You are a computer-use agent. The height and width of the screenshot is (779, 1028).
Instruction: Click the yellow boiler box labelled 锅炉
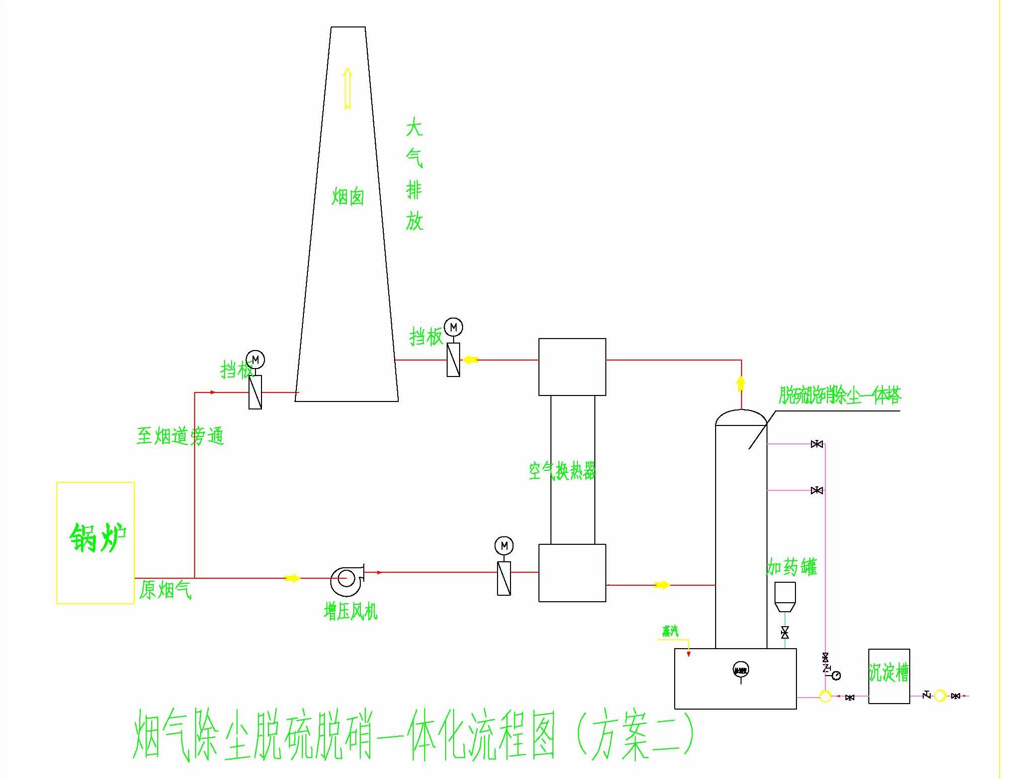pyautogui.click(x=95, y=543)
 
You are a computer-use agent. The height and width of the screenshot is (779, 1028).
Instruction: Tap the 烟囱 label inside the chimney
pyautogui.click(x=348, y=197)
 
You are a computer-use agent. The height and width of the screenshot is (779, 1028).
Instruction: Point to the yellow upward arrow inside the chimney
pyautogui.click(x=347, y=89)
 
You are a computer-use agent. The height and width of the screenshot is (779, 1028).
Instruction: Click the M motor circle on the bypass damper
pyautogui.click(x=256, y=360)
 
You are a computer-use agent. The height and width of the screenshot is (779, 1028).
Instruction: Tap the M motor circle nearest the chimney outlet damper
pyautogui.click(x=453, y=328)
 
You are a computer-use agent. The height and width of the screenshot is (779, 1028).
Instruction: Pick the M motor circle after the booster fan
pyautogui.click(x=504, y=545)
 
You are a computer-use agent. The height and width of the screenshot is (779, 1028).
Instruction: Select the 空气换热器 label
pyautogui.click(x=562, y=470)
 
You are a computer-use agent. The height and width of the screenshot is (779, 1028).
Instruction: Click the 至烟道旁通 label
pyautogui.click(x=180, y=436)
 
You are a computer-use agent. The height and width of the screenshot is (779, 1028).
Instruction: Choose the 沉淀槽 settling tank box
pyautogui.click(x=889, y=676)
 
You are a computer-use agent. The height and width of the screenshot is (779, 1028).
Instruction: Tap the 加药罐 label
pyautogui.click(x=791, y=568)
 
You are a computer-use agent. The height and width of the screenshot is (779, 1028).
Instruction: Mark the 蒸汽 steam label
pyautogui.click(x=670, y=632)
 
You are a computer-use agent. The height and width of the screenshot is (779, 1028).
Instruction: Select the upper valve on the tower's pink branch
pyautogui.click(x=817, y=444)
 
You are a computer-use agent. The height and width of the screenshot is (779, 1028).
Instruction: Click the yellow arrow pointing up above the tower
pyautogui.click(x=741, y=384)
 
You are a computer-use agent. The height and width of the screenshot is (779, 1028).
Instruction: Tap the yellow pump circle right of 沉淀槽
pyautogui.click(x=940, y=696)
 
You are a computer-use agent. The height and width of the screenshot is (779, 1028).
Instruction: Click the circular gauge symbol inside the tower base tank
pyautogui.click(x=741, y=670)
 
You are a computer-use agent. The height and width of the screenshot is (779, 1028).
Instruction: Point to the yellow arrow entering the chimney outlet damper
pyautogui.click(x=471, y=360)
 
